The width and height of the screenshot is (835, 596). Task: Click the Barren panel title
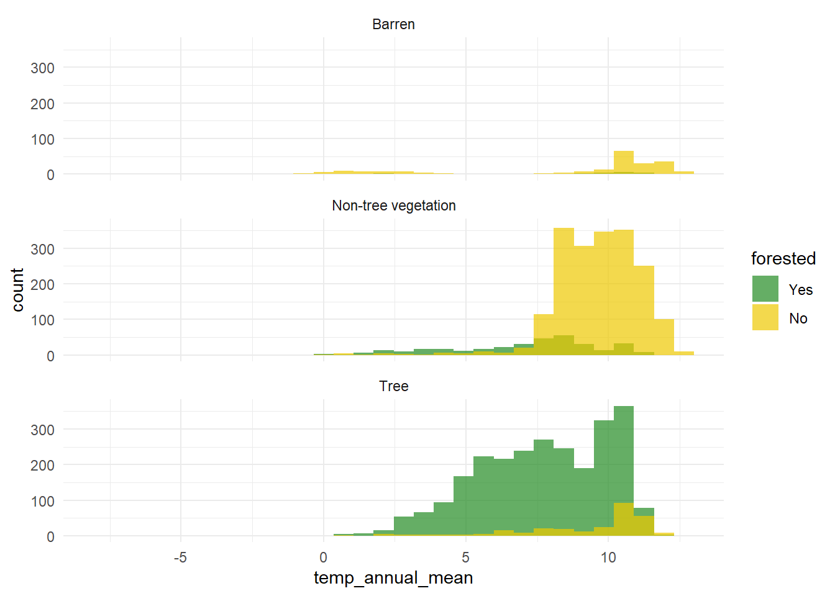(393, 24)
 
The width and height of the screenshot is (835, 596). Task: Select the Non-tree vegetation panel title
(393, 205)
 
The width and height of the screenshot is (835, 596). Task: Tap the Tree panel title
(393, 386)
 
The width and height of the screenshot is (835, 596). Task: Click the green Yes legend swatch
(765, 289)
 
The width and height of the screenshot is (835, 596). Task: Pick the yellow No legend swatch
(765, 317)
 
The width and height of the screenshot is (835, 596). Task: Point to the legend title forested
(783, 258)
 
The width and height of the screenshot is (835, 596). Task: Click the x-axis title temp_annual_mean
(393, 578)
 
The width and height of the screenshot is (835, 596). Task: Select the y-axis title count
(17, 290)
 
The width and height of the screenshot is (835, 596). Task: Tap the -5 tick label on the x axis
(180, 558)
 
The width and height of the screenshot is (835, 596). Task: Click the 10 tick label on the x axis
(608, 558)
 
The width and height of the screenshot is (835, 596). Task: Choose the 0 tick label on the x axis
(323, 558)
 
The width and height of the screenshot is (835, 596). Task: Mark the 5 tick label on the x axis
(465, 558)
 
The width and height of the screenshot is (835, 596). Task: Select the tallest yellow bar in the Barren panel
(623, 162)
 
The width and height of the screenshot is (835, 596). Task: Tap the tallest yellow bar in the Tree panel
(623, 519)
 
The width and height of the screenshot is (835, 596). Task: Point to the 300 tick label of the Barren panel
(42, 68)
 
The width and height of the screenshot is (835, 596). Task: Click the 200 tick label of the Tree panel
(42, 465)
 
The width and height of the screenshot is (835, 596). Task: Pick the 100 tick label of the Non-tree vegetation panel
(42, 320)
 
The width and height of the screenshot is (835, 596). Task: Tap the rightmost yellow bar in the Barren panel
(683, 173)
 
